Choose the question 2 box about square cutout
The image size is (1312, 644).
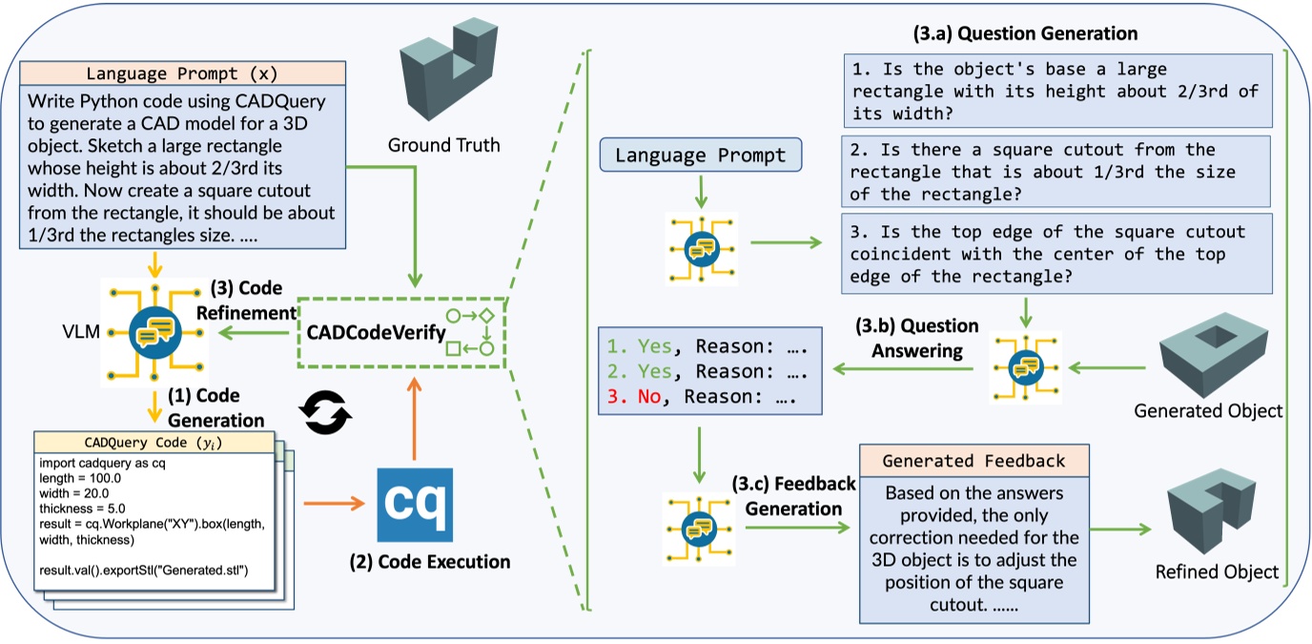click(1056, 172)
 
